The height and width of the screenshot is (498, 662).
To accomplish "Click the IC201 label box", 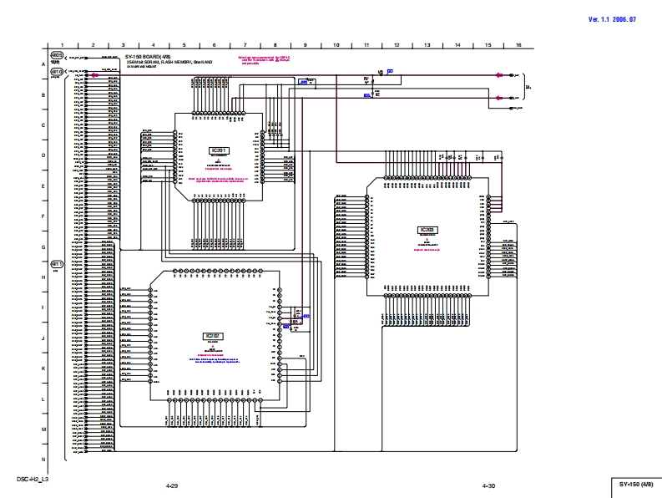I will point(218,150).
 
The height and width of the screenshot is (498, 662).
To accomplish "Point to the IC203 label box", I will point(427,229).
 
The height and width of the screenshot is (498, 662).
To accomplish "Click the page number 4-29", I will point(172,485).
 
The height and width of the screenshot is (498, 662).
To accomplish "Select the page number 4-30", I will point(488,485).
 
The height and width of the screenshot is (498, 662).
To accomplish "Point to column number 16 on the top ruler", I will point(518,45).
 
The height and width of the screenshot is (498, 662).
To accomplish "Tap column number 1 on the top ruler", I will point(63,45).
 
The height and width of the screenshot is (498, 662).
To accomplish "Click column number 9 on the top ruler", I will point(305,45).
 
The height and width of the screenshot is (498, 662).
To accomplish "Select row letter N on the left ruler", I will point(43,460).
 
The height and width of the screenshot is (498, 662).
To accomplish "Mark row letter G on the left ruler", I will point(43,247).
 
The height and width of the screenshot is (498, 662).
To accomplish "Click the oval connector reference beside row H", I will point(57,263).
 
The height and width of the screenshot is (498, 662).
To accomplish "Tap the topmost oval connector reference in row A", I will point(57,55).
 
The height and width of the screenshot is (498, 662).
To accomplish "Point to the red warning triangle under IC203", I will point(427,240).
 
